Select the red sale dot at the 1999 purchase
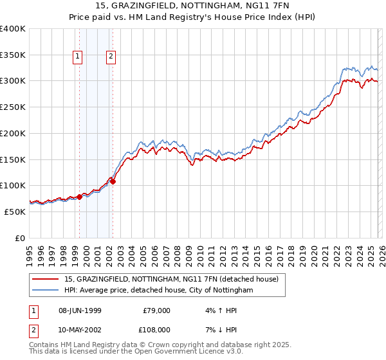(80, 197)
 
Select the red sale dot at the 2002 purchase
(113, 181)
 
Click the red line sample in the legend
(46, 280)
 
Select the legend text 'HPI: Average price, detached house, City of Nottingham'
(159, 291)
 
